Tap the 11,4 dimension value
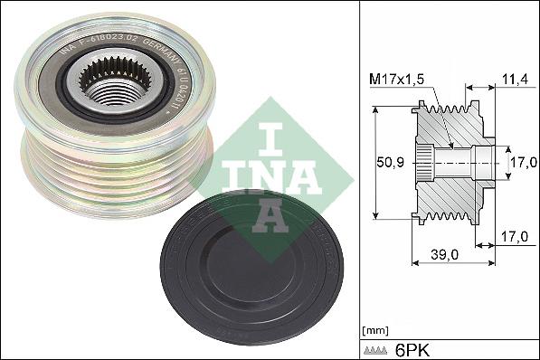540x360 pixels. (513, 81)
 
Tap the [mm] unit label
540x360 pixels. (374, 329)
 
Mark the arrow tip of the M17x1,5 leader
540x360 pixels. (450, 145)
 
